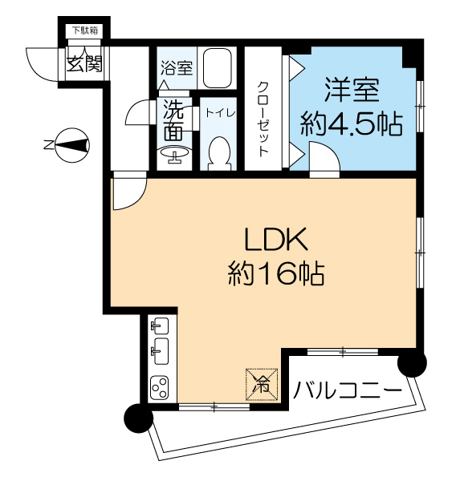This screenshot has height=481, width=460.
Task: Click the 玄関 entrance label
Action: click(x=83, y=64)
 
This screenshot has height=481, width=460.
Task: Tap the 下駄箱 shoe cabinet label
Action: click(x=84, y=31)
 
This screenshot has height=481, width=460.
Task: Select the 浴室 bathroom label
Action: click(x=177, y=68)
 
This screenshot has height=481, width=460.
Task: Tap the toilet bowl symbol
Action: click(x=218, y=153)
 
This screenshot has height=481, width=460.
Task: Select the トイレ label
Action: click(x=218, y=113)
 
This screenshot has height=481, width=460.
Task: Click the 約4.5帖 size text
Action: click(x=351, y=124)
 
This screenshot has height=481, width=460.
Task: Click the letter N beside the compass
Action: click(x=48, y=145)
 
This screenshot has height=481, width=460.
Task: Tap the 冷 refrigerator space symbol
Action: click(x=262, y=383)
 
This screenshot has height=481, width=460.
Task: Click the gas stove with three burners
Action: click(x=159, y=388)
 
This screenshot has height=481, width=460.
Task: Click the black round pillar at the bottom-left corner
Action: click(x=137, y=418)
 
